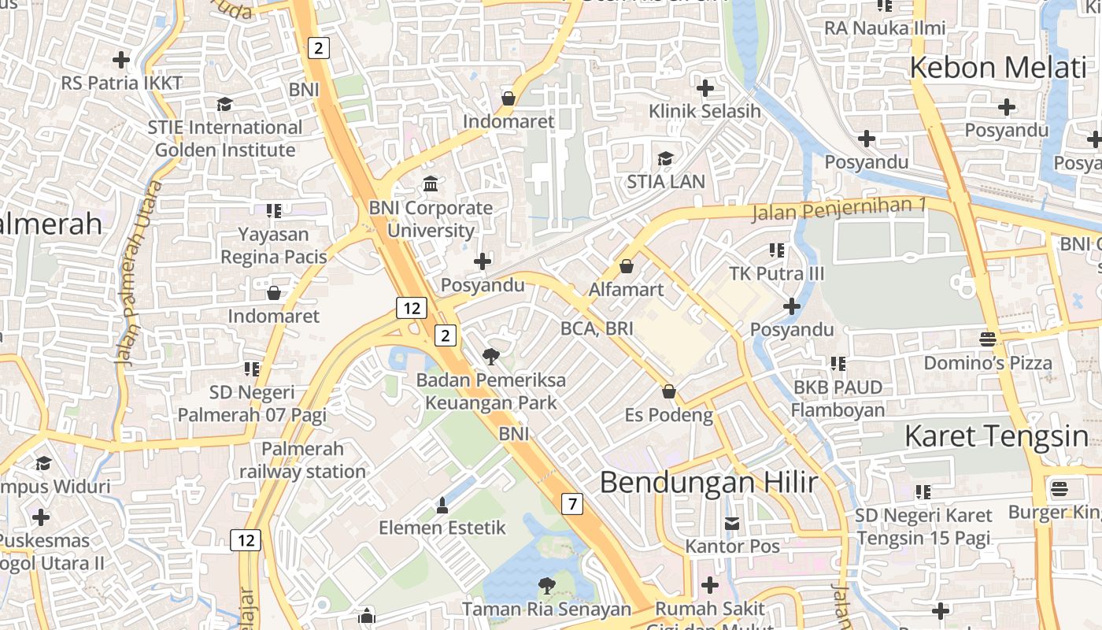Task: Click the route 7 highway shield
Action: [x=572, y=504]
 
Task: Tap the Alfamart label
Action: [x=627, y=289]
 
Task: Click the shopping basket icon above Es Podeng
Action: [x=669, y=391]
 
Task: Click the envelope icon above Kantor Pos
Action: [x=732, y=523]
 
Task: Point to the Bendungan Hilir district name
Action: [x=708, y=482]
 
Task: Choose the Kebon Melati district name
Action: [x=997, y=68]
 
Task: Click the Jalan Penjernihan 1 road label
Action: [x=839, y=209]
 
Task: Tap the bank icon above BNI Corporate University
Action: [x=431, y=184]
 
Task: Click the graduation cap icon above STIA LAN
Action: [x=665, y=158]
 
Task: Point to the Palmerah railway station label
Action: [x=303, y=460]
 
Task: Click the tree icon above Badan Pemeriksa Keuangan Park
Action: [x=491, y=356]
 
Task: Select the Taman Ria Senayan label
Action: [x=546, y=609]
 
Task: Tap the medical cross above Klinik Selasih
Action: [x=705, y=87]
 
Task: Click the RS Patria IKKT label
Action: [x=122, y=83]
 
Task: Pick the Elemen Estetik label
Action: [x=442, y=527]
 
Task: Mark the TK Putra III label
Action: [x=776, y=273]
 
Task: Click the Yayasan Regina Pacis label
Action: [x=274, y=245]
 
